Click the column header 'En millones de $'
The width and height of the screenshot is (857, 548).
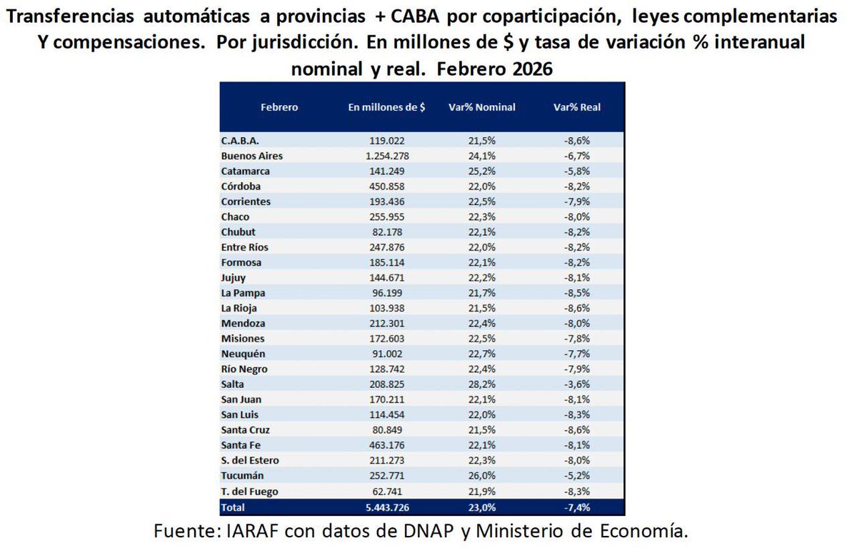[386, 107]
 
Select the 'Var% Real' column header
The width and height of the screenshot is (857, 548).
[577, 107]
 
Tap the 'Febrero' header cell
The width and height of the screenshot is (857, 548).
[279, 107]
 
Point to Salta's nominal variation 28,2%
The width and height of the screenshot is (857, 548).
[482, 384]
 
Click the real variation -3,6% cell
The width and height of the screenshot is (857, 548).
[577, 384]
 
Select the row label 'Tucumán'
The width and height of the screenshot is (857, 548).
[243, 476]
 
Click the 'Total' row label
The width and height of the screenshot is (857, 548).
[233, 507]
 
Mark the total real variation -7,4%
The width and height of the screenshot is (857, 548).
[577, 507]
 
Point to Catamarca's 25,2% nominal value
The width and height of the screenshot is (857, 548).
[482, 171]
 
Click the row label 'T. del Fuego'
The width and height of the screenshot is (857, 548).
[250, 492]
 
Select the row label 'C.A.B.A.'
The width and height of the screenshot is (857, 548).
[241, 141]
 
